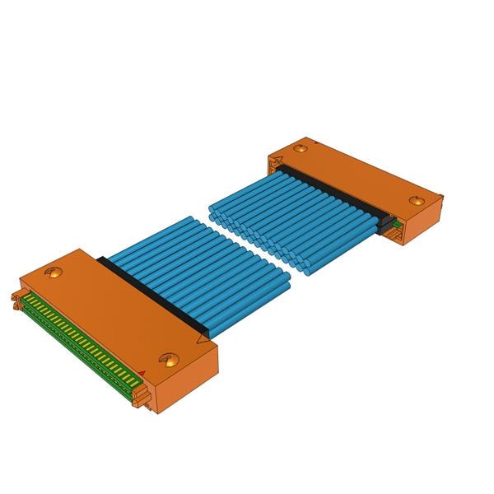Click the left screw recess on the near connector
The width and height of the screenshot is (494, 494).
(x=54, y=273)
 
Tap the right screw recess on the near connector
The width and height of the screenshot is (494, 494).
(x=170, y=359)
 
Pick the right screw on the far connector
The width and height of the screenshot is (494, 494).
(x=416, y=201)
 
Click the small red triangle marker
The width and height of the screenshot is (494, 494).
(x=142, y=374)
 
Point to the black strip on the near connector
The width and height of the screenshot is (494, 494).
(x=152, y=301)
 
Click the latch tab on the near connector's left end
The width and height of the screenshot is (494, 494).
(x=15, y=301)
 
